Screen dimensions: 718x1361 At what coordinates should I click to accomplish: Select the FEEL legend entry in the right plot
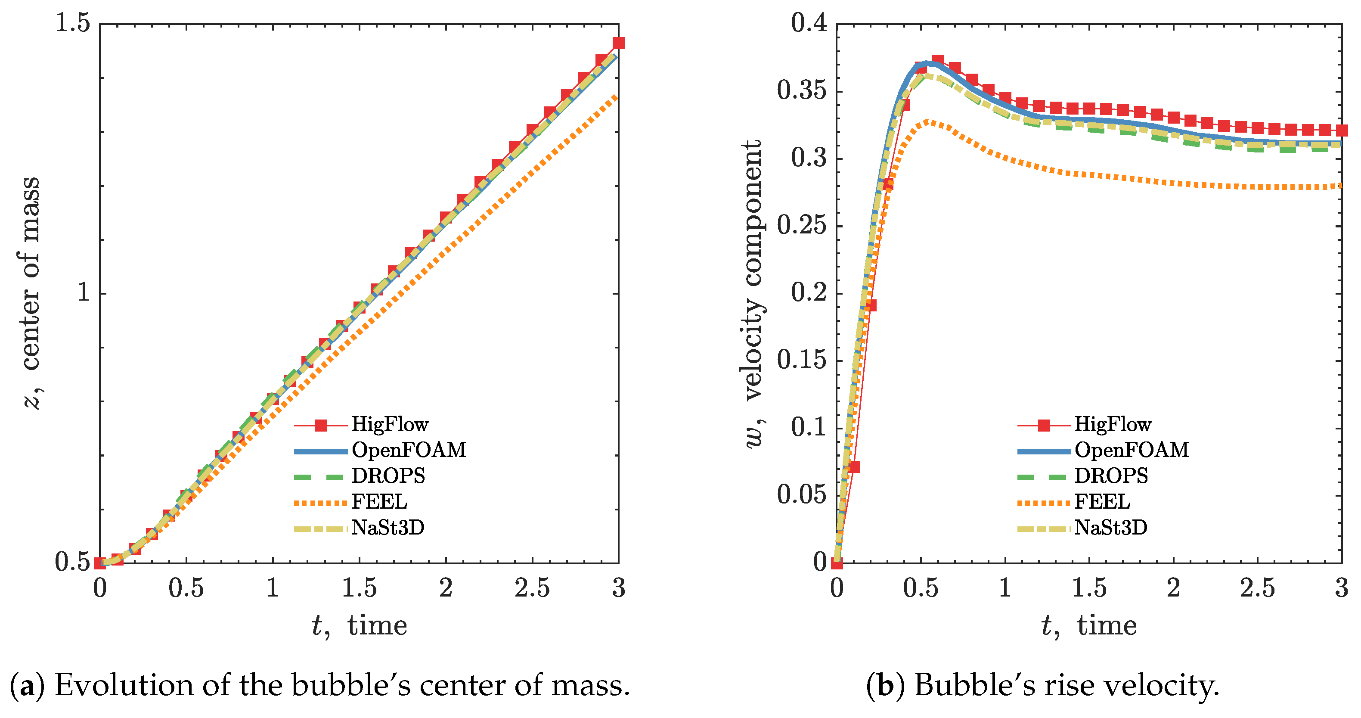coord(1102,502)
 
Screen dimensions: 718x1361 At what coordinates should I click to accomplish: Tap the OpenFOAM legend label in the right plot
coord(1132,450)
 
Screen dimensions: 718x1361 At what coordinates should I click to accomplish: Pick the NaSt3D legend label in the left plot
coord(388,528)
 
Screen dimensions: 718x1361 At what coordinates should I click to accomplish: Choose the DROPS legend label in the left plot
coord(388,476)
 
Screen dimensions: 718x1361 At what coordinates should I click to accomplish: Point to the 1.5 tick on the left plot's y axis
coord(72,24)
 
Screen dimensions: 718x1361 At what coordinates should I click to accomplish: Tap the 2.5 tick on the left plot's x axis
coord(532,588)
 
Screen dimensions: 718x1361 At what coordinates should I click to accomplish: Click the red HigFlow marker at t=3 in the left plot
coord(618,43)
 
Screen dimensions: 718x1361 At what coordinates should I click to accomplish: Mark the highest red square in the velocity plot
coord(937,60)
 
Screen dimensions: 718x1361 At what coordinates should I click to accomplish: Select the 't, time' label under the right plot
coord(1089,625)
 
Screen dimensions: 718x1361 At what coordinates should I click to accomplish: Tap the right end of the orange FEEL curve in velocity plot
coord(1340,186)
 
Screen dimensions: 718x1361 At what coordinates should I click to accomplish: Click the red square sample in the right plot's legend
coord(1044,425)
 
